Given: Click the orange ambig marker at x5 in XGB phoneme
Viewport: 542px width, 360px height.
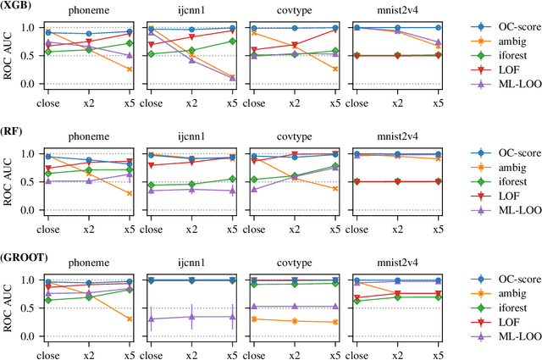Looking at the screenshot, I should [129, 69].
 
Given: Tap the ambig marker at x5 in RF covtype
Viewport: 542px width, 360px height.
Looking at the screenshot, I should [335, 188].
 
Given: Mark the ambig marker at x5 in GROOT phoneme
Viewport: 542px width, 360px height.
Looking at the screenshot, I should [129, 318].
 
